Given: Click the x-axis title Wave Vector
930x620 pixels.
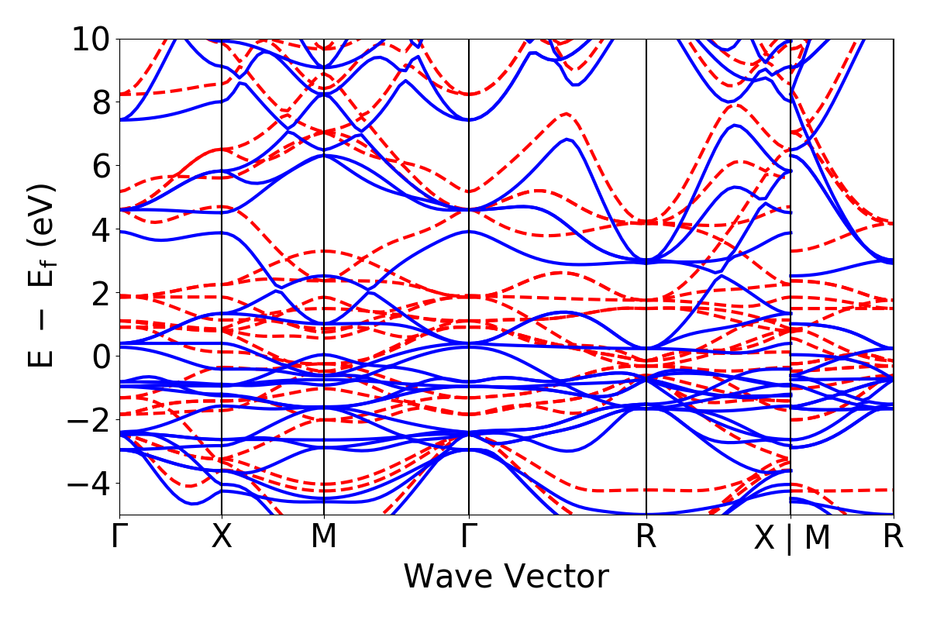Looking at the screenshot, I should pos(506,577).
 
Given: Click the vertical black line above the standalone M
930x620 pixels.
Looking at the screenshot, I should pos(324,232).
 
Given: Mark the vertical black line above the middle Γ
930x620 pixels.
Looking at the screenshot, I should pos(469,232).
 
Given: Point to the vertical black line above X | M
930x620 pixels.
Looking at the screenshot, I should pos(790,232).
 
